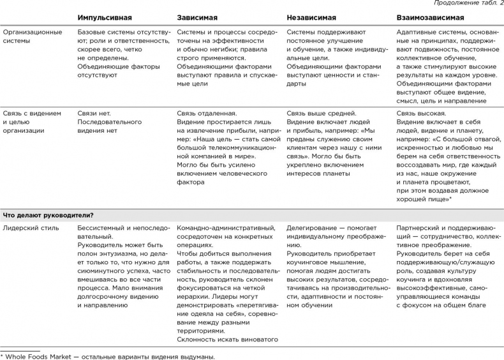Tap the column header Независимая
pyautogui.click(x=311, y=17)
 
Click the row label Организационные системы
pyautogui.click(x=33, y=35)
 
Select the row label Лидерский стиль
pyautogui.click(x=31, y=227)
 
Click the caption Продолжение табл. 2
pyautogui.click(x=469, y=4)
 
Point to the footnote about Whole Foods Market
pyautogui.click(x=108, y=356)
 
